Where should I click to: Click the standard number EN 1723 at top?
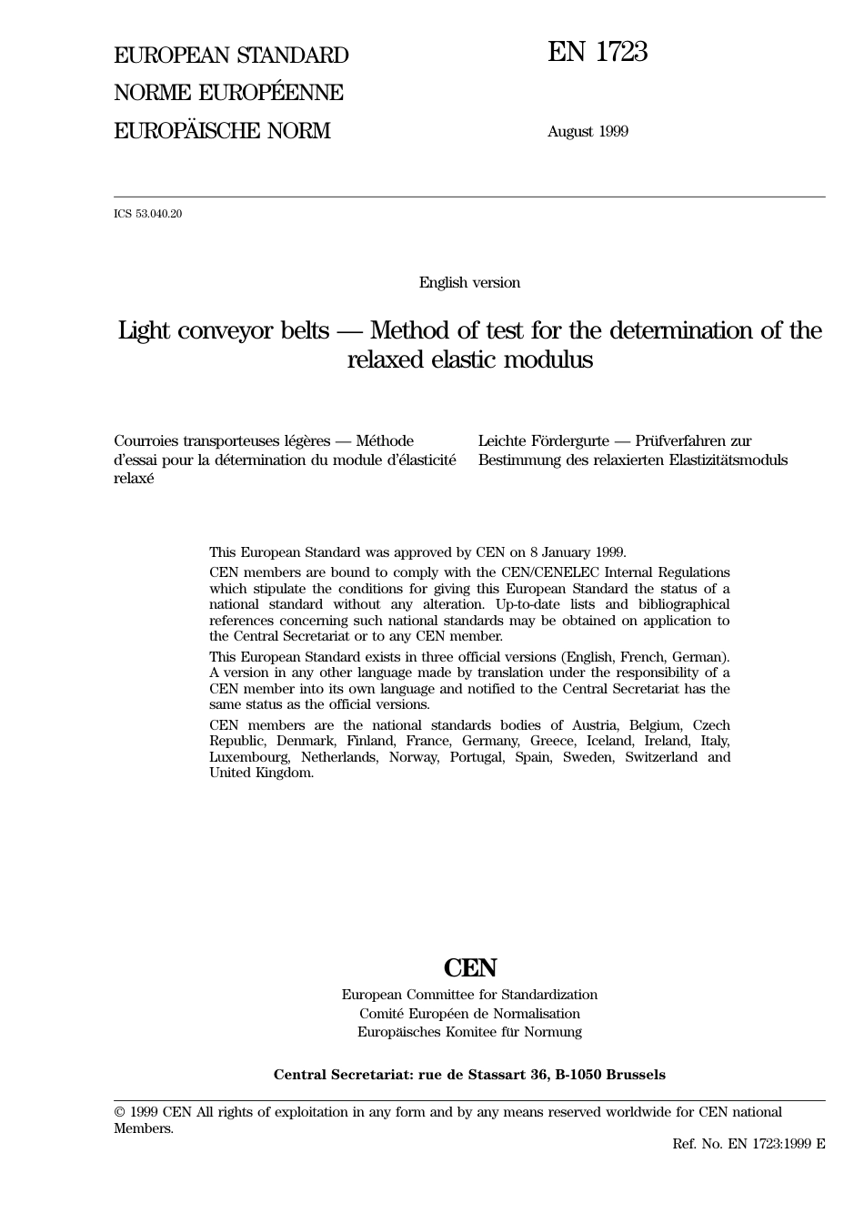coord(597,53)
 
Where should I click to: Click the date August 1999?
coord(588,131)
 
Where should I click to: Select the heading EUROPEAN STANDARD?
coord(231,56)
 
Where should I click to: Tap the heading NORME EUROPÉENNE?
coord(228,93)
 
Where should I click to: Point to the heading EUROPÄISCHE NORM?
coord(222,131)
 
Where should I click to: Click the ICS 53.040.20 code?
coord(147,215)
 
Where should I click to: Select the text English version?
coord(469,283)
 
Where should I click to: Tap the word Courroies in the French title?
coord(146,441)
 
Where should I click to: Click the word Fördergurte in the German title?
coord(564,441)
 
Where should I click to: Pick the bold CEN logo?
coord(470,967)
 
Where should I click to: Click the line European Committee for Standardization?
coord(469,995)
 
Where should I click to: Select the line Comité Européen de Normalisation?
coord(469,1014)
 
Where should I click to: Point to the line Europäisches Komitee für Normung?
coord(469,1032)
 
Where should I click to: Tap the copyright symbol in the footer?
coord(119,1112)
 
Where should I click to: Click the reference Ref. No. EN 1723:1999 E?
coord(748,1144)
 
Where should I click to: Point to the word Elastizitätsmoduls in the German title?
coord(728,460)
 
